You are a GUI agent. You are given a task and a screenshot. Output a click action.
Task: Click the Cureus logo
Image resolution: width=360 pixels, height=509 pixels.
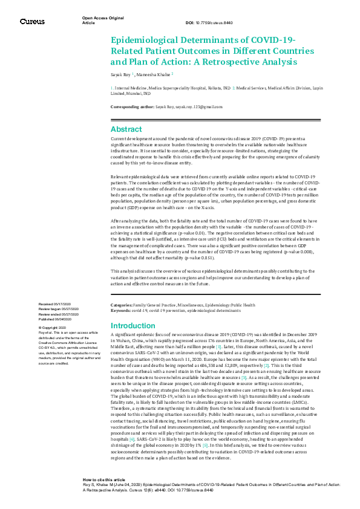pyautogui.click(x=32, y=22)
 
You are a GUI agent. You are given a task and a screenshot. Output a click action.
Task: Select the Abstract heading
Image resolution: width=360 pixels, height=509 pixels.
pyautogui.click(x=126, y=129)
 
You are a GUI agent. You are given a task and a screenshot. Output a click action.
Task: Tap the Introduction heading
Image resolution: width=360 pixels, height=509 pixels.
pyautogui.click(x=133, y=326)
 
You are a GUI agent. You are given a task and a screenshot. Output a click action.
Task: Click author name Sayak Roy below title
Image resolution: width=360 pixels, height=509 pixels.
pyautogui.click(x=123, y=75)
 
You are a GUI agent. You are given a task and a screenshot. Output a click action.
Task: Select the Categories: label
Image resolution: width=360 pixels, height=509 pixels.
pyautogui.click(x=123, y=305)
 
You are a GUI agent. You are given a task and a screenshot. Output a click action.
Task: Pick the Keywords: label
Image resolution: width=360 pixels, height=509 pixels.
pyautogui.click(x=122, y=310)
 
